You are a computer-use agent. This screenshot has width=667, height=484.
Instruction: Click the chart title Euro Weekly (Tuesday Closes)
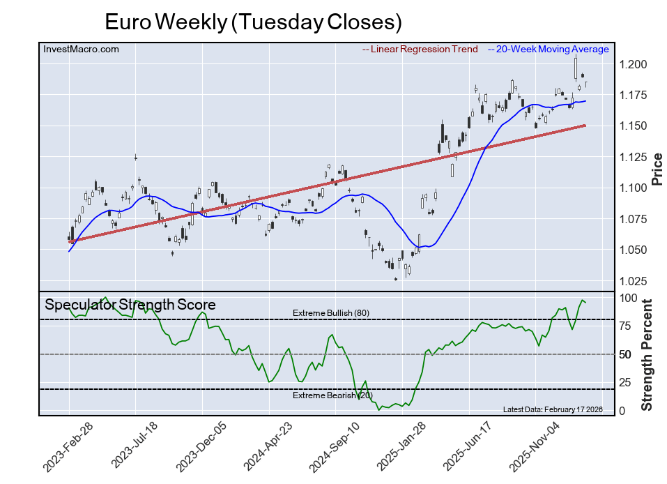click(x=253, y=22)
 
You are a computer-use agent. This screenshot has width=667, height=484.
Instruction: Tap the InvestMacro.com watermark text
click(x=81, y=49)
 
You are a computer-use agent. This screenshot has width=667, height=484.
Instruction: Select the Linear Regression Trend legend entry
click(x=420, y=49)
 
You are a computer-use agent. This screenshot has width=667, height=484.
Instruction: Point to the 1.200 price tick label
click(x=633, y=64)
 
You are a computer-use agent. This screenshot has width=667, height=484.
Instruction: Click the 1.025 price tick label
click(x=633, y=281)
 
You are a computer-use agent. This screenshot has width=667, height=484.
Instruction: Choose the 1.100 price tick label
click(x=633, y=188)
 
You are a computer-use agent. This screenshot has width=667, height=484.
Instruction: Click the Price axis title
click(x=656, y=169)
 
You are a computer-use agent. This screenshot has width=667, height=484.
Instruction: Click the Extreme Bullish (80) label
click(x=330, y=313)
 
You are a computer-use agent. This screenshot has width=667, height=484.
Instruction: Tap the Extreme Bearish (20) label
click(x=332, y=395)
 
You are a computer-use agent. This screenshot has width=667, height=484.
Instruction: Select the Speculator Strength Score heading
click(x=130, y=305)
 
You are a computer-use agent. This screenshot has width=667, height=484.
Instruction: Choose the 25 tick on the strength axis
click(x=627, y=382)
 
